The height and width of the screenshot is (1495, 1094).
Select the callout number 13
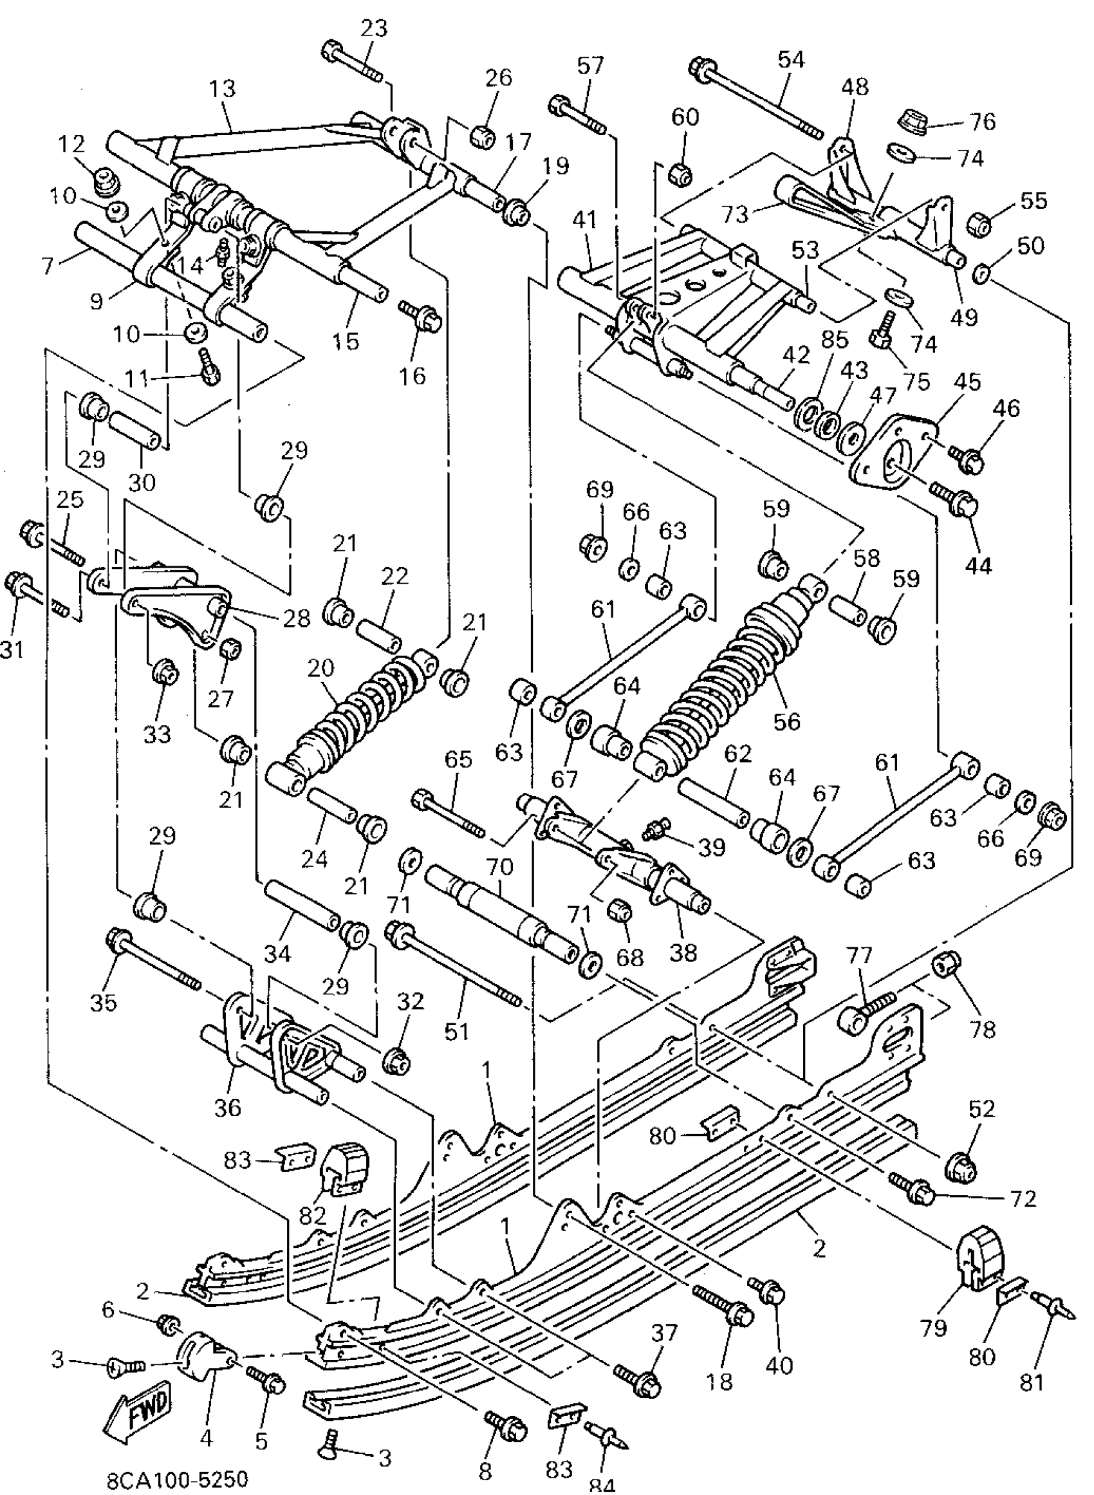(x=223, y=89)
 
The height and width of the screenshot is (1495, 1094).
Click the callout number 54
(x=791, y=60)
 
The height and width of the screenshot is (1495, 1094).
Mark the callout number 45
(x=967, y=382)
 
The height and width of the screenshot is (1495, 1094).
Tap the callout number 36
(x=228, y=1107)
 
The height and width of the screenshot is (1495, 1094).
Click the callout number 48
(x=854, y=87)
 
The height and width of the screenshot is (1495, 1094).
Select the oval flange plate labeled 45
(x=894, y=457)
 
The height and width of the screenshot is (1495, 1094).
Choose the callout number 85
(x=835, y=339)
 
